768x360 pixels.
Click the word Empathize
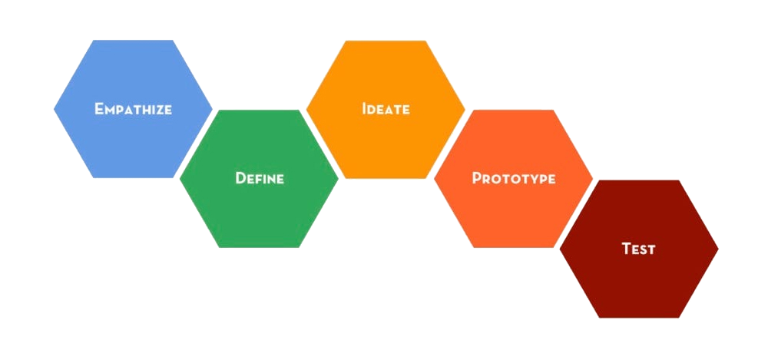tap(133, 109)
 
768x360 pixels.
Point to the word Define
tap(260, 179)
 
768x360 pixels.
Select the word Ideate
tap(386, 109)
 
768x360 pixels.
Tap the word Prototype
tap(513, 179)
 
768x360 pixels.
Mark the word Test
tap(638, 249)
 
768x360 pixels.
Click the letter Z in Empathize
tap(159, 109)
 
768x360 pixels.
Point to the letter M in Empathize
tap(111, 109)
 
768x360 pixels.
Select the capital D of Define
tap(240, 179)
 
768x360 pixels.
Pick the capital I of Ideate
tap(364, 109)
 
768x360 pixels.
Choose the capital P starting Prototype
tap(476, 179)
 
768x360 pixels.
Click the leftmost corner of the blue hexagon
tap(54, 109)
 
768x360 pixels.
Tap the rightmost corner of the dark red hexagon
tap(718, 249)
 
